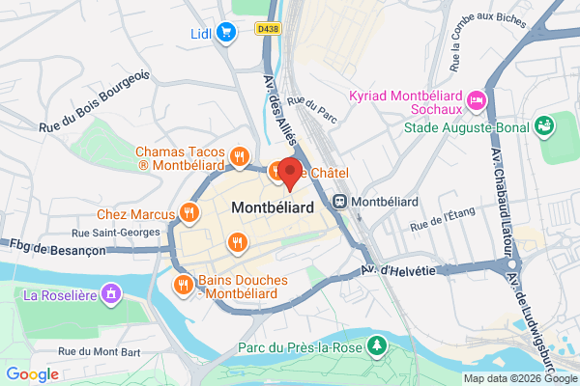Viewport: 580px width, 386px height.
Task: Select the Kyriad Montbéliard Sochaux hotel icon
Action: click(476, 100)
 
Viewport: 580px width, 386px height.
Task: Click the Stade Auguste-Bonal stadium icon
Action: click(544, 124)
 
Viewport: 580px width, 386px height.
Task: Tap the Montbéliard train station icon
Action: click(340, 201)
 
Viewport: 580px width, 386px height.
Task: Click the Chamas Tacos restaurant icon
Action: click(239, 155)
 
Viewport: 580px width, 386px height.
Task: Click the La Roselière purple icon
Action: click(112, 291)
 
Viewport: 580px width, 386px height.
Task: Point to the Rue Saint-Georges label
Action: click(115, 233)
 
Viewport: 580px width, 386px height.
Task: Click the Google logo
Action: click(32, 374)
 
